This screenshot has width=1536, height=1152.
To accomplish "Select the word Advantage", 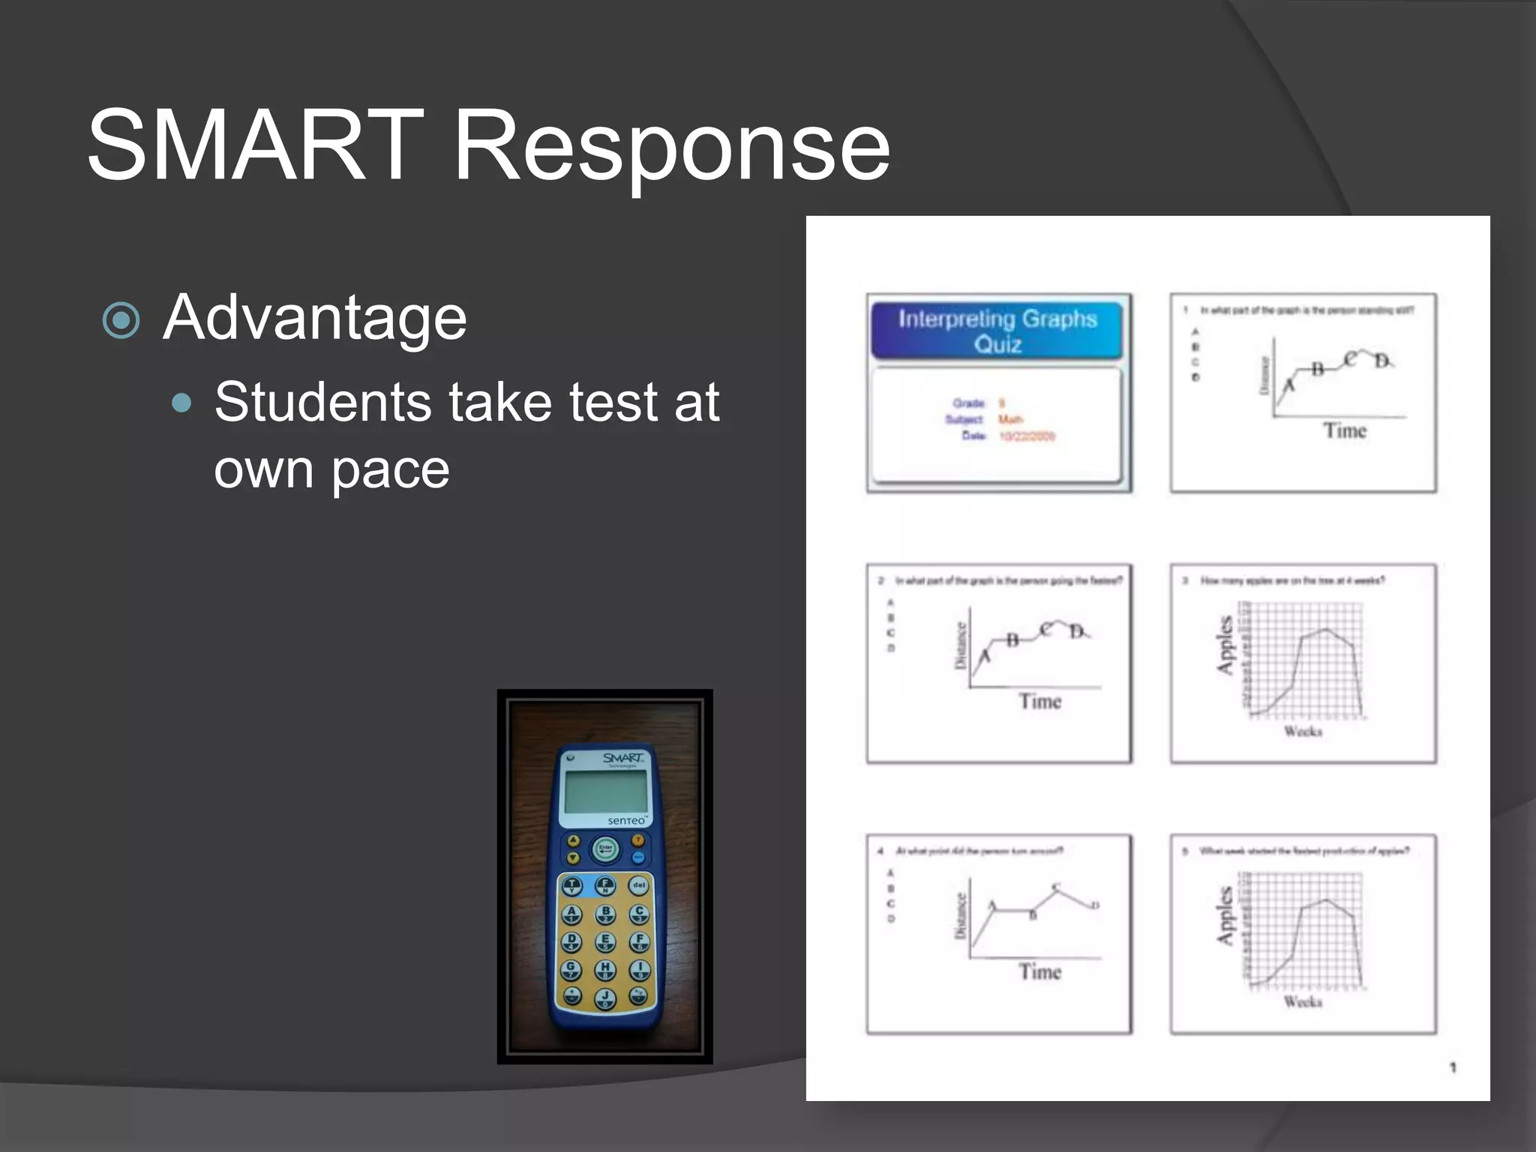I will pyautogui.click(x=314, y=318).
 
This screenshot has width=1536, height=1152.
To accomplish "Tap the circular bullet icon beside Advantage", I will pyautogui.click(x=121, y=320).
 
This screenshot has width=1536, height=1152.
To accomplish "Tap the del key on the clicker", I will pyautogui.click(x=638, y=885).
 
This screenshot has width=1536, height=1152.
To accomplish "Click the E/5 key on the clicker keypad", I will pyautogui.click(x=605, y=941).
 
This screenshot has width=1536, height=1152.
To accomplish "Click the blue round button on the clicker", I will pyautogui.click(x=638, y=857).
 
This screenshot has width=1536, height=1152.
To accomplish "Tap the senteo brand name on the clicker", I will pyautogui.click(x=625, y=821).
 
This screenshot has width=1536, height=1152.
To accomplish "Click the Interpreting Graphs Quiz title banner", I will pyautogui.click(x=997, y=331).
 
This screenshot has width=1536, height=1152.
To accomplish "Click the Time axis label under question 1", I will pyautogui.click(x=1344, y=430).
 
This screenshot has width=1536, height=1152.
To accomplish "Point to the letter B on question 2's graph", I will pyautogui.click(x=1012, y=640).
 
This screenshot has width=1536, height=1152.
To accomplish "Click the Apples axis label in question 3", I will pyautogui.click(x=1224, y=644).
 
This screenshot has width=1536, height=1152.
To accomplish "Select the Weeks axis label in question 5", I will pyautogui.click(x=1302, y=1002).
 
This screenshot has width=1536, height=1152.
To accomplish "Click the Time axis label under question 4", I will pyautogui.click(x=1039, y=972).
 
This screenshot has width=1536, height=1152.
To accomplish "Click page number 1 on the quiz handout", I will pyautogui.click(x=1452, y=1067).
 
